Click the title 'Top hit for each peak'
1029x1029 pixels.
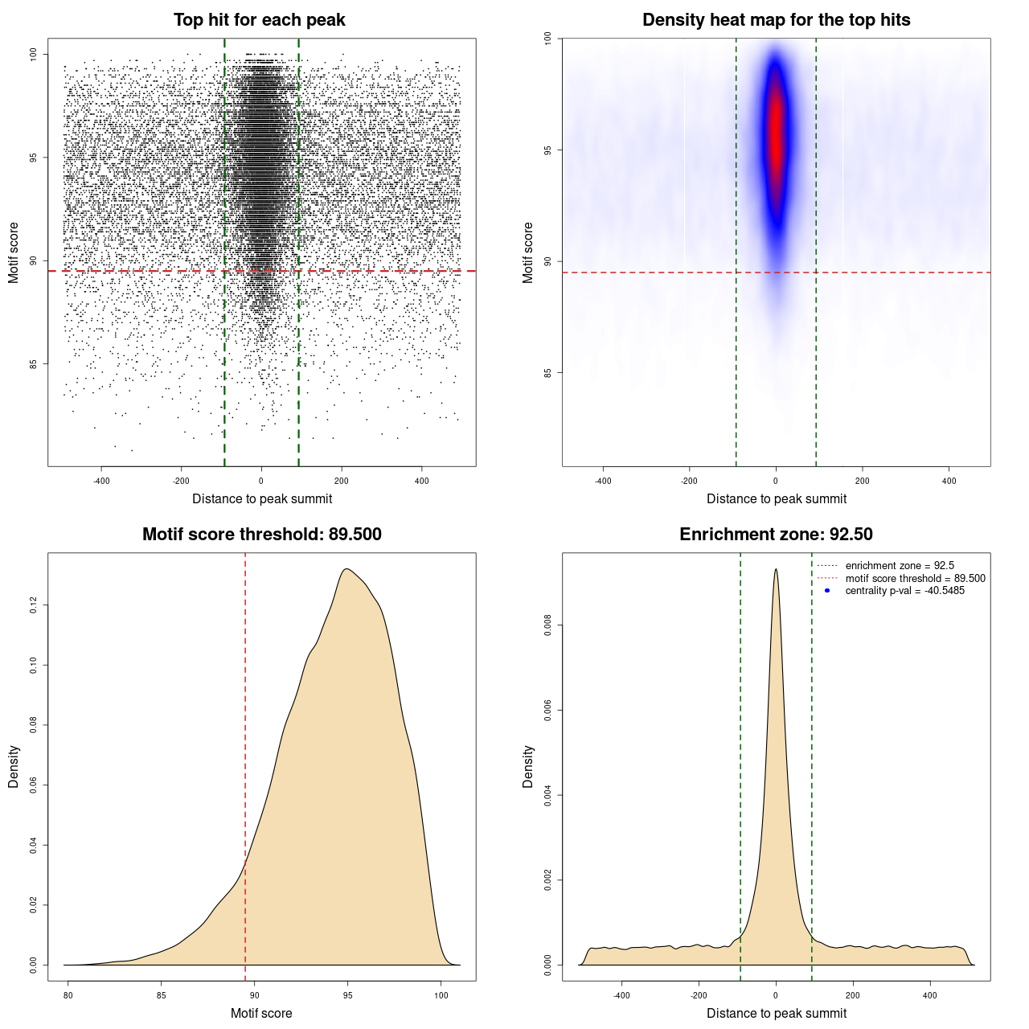tap(260, 20)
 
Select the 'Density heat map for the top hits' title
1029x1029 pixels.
tap(776, 20)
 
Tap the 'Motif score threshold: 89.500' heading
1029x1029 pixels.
tap(261, 535)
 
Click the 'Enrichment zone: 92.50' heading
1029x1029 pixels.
tap(776, 535)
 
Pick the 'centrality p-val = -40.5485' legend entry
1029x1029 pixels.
tap(904, 591)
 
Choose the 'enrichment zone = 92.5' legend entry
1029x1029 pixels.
tap(900, 566)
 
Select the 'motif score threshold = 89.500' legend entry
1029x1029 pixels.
tap(915, 579)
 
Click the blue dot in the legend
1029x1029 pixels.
tap(827, 591)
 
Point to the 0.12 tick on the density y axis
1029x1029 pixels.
tap(34, 605)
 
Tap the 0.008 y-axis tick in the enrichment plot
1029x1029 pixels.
tap(548, 625)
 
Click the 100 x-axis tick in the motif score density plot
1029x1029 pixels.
tap(441, 996)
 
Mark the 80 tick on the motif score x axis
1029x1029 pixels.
tap(68, 996)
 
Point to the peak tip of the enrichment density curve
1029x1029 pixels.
tap(776, 570)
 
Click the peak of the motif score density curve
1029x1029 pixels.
tap(346, 570)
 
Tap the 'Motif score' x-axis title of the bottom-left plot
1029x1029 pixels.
tap(261, 1013)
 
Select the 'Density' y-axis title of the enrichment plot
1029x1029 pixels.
tap(528, 766)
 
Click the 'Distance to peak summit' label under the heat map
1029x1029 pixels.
tap(776, 498)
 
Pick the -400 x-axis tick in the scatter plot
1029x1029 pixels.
tap(101, 482)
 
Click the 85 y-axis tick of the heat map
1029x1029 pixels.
tap(548, 372)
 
